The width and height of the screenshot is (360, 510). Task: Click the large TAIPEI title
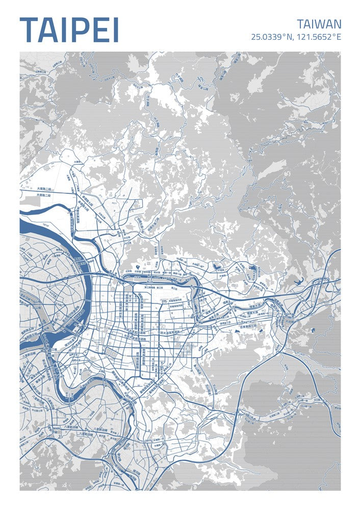pos(69,30)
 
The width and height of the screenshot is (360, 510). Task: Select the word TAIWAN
pos(319,24)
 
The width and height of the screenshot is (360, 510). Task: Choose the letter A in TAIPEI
pos(47,30)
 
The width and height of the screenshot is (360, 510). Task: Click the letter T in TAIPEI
pos(29,30)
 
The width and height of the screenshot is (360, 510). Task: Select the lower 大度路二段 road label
pos(44,195)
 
